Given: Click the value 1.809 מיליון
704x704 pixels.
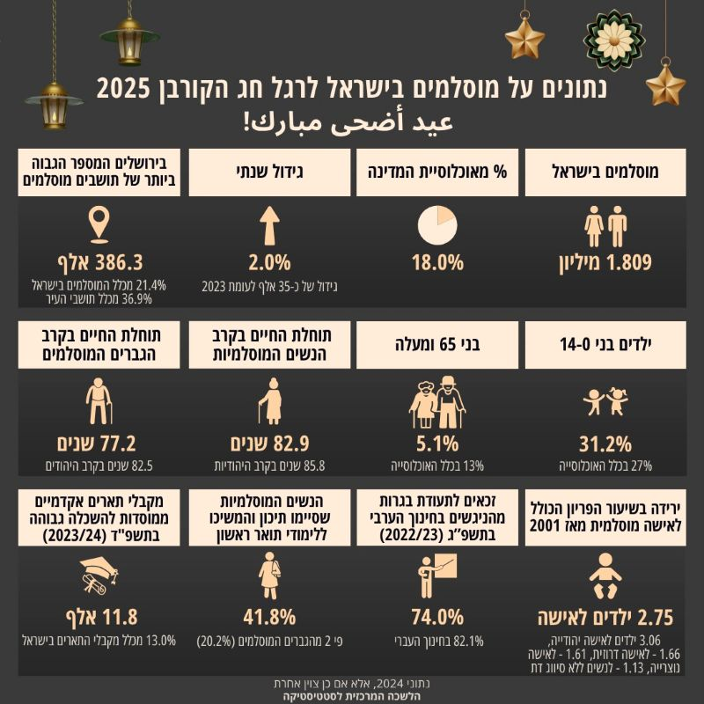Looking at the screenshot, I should point(605,261).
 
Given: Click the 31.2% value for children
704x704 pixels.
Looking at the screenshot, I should point(605,443).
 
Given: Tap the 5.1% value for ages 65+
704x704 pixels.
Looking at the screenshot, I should point(437,443).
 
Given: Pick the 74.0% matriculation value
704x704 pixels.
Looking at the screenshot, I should point(437,615).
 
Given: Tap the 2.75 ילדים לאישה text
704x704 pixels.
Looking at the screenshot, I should point(605,615).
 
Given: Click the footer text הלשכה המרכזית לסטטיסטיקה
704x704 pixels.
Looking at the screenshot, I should point(352,693).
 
